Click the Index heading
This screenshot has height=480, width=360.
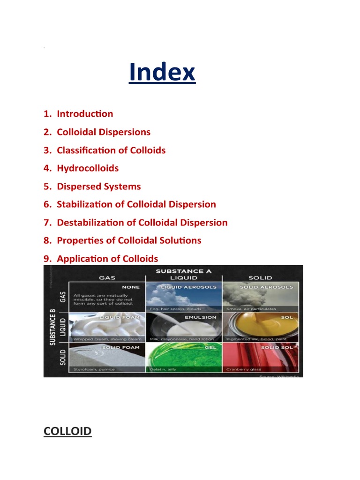[x=162, y=73]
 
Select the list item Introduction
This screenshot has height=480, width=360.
[x=85, y=114]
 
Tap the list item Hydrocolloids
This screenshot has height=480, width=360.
[x=88, y=168]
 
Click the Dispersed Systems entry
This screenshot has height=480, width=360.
[x=98, y=187]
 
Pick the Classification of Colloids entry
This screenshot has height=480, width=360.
[x=111, y=150]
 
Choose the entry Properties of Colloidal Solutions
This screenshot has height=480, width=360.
[x=129, y=240]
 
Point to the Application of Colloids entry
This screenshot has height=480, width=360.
[x=107, y=259]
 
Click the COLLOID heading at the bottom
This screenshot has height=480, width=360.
[x=67, y=431]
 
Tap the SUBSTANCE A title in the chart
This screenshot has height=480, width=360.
[x=183, y=271]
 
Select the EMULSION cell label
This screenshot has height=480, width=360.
[x=201, y=317]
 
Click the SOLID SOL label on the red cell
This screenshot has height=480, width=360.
[x=277, y=347]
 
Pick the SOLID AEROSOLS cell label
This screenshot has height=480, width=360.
[x=266, y=287]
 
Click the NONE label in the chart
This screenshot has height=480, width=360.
[x=131, y=287]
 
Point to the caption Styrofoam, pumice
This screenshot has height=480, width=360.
[x=91, y=369]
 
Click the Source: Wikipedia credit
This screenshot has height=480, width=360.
[x=280, y=375]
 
